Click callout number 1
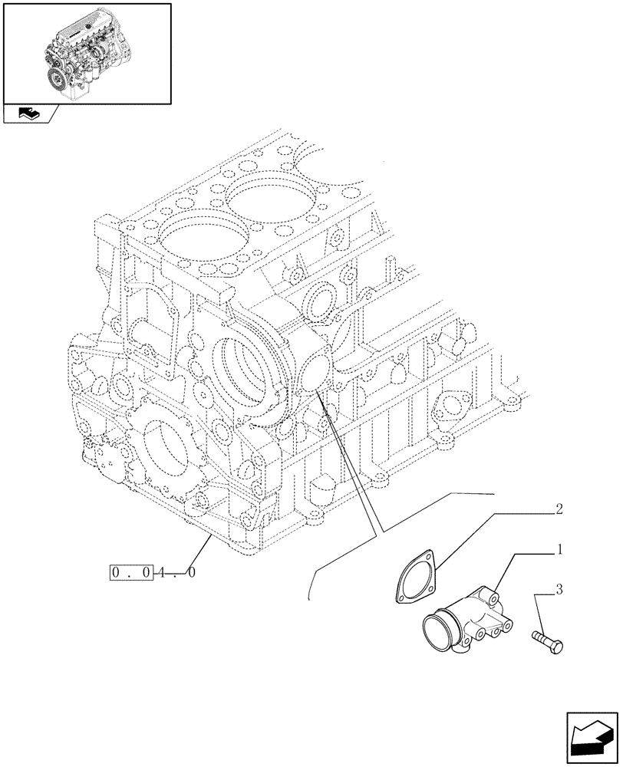click(x=561, y=549)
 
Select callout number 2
click(x=559, y=509)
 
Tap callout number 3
click(x=559, y=590)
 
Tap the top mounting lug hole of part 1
click(x=490, y=594)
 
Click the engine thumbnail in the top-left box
click(x=87, y=52)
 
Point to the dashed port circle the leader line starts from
click(x=316, y=376)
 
